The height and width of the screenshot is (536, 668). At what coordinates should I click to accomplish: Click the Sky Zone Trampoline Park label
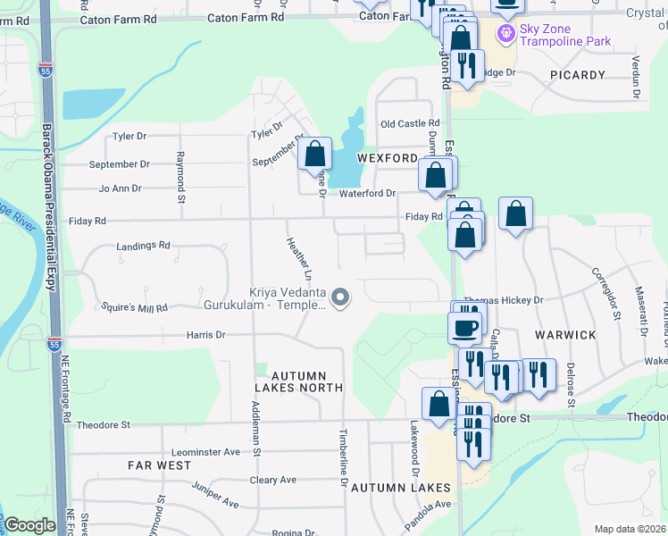pyautogui.click(x=566, y=35)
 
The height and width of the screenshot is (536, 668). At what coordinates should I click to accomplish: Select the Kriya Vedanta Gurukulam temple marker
pyautogui.click(x=339, y=297)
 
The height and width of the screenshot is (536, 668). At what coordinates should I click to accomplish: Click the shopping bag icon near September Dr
pyautogui.click(x=315, y=155)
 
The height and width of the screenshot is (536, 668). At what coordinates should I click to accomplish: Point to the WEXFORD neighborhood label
pyautogui.click(x=388, y=158)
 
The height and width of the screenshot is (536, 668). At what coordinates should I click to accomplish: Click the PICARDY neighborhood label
pyautogui.click(x=578, y=75)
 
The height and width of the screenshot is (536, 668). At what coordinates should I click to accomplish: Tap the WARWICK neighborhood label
pyautogui.click(x=565, y=335)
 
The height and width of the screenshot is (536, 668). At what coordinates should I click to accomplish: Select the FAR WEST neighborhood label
pyautogui.click(x=159, y=465)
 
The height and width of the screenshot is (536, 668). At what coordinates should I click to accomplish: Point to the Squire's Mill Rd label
pyautogui.click(x=135, y=308)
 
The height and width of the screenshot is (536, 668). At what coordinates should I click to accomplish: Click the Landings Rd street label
pyautogui.click(x=143, y=246)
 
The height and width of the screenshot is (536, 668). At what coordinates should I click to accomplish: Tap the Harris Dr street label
pyautogui.click(x=205, y=335)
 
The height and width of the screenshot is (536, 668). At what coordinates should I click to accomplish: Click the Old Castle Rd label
pyautogui.click(x=410, y=124)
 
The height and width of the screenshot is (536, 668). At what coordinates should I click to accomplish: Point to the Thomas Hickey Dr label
pyautogui.click(x=504, y=301)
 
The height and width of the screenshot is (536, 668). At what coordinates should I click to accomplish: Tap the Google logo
pyautogui.click(x=29, y=525)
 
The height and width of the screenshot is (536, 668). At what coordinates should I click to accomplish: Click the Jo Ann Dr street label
pyautogui.click(x=121, y=189)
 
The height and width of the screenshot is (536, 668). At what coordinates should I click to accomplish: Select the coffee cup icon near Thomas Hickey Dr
pyautogui.click(x=463, y=327)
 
